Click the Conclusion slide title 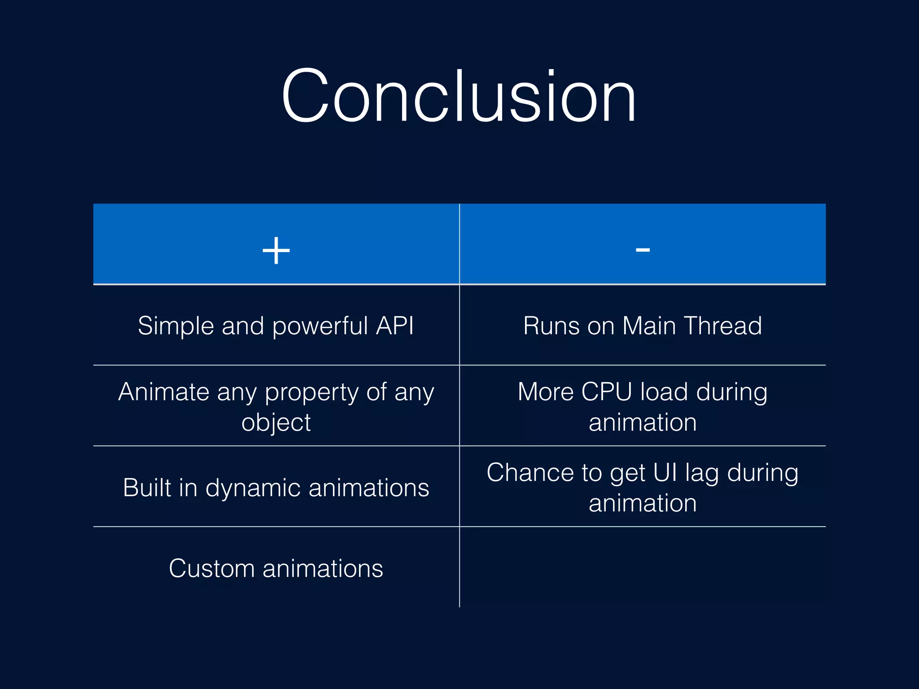[459, 95]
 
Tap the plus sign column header [276, 250]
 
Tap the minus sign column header [643, 250]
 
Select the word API [395, 326]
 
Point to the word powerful [320, 327]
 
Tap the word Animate [164, 392]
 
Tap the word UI [665, 473]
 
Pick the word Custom [211, 569]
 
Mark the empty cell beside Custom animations [643, 567]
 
